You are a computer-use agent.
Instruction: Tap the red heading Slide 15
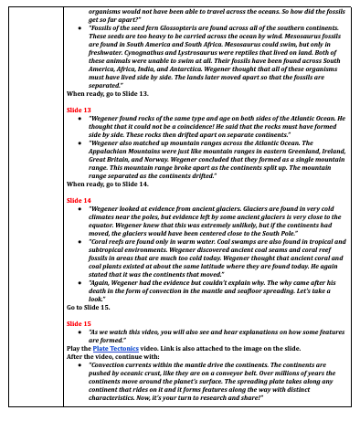79,323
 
